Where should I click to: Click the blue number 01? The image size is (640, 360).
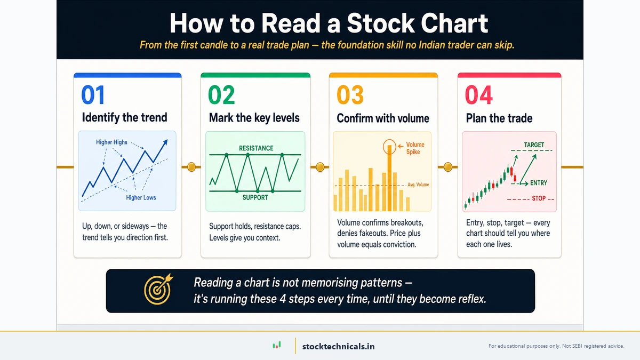(x=93, y=95)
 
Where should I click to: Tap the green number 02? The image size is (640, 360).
(x=221, y=95)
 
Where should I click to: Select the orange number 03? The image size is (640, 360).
(x=350, y=95)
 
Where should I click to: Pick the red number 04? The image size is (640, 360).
(x=478, y=95)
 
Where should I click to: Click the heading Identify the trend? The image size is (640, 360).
(x=124, y=118)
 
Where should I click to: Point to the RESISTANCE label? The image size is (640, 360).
(x=256, y=148)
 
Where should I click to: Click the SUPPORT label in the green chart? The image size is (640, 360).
(x=255, y=197)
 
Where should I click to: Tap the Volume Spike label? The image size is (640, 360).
(x=415, y=148)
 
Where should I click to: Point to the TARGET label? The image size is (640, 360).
(x=534, y=145)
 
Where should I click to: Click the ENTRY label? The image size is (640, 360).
(x=539, y=183)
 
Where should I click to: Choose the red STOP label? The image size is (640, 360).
(x=539, y=198)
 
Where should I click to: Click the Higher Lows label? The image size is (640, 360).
(x=141, y=198)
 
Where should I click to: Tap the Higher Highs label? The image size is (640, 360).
(x=111, y=142)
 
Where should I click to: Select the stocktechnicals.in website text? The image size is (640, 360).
(x=338, y=346)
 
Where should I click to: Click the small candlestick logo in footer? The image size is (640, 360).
(x=276, y=346)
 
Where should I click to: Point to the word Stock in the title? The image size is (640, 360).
(x=380, y=23)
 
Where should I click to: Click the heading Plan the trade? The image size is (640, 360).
(x=499, y=118)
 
